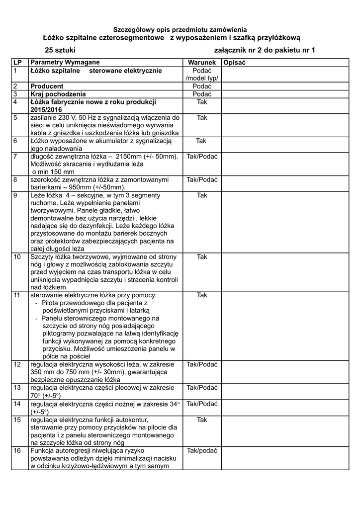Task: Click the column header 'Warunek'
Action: click(x=201, y=63)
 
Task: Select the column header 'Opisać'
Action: click(x=235, y=63)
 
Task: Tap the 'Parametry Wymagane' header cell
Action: click(x=65, y=63)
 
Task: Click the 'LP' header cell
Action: click(x=18, y=63)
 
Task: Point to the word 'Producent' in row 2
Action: click(x=47, y=86)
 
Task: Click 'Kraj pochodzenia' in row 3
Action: click(x=58, y=94)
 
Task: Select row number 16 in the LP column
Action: click(x=17, y=451)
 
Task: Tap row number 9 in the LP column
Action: click(x=15, y=195)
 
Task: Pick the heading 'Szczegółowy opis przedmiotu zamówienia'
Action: click(x=180, y=30)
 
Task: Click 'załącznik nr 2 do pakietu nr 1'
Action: click(x=264, y=50)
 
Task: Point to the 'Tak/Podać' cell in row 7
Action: click(x=202, y=157)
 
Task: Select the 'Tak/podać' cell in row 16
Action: click(x=202, y=451)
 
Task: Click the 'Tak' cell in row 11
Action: click(x=202, y=295)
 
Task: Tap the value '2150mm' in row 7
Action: click(x=131, y=157)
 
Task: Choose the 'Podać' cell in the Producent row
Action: click(x=202, y=86)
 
